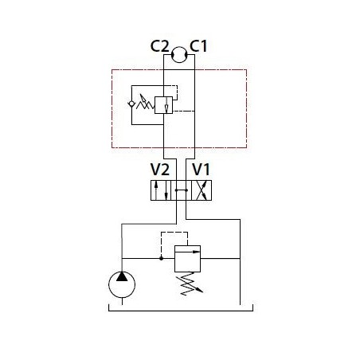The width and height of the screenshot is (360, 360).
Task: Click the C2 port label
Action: click(159, 46)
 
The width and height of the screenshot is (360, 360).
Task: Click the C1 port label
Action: click(198, 46)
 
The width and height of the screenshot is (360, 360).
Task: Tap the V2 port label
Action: click(160, 170)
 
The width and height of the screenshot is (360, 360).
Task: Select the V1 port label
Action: click(201, 170)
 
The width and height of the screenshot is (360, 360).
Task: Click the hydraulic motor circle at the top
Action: click(179, 47)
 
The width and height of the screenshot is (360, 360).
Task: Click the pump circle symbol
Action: click(109, 284)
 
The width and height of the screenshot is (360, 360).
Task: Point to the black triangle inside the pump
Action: click(122, 276)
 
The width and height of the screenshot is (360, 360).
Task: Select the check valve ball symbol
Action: click(131, 104)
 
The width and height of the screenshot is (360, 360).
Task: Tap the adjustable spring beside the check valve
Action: click(145, 103)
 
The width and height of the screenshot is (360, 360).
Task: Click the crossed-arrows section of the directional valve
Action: click(202, 190)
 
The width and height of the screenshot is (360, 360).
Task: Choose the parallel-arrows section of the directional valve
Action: click(161, 190)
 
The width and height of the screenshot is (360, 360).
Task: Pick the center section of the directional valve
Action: click(181, 190)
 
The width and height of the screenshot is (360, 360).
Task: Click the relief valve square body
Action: click(187, 259)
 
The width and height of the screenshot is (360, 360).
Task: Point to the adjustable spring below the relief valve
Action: click(190, 284)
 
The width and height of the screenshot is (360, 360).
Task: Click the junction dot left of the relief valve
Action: click(161, 258)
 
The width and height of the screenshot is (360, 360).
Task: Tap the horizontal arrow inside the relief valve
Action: click(188, 252)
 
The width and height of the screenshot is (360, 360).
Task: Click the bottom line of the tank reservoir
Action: click(181, 311)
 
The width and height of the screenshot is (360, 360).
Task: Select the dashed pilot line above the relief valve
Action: click(174, 233)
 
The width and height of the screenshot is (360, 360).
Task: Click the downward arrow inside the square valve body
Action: click(166, 105)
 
